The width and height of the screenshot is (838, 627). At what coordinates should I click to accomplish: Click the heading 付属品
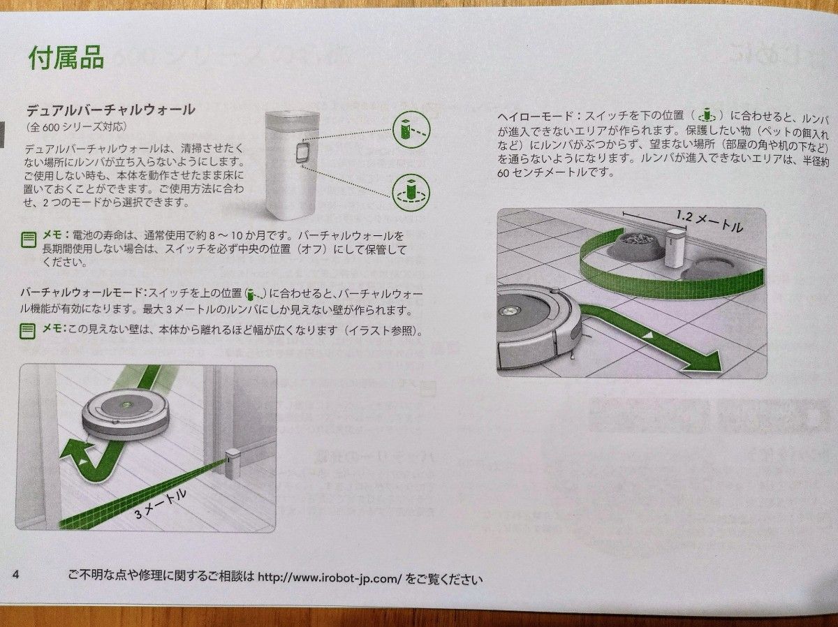pos(66,58)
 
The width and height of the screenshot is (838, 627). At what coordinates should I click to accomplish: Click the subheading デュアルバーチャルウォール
pos(110,110)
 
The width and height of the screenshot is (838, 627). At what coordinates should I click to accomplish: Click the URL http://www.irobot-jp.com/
pos(328,578)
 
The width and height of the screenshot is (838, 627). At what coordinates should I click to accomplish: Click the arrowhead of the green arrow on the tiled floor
pos(709,362)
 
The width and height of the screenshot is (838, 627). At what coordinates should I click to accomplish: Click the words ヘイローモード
pos(531,115)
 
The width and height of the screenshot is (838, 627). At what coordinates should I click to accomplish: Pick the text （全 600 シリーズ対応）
pos(77,127)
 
